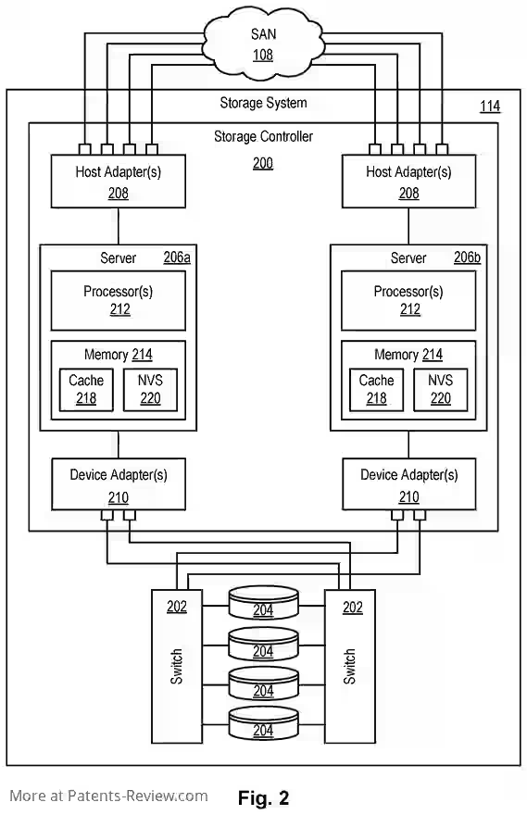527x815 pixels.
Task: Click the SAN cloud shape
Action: (x=262, y=44)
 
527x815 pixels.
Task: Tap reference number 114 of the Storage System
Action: (x=490, y=107)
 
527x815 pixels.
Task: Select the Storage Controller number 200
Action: (x=263, y=163)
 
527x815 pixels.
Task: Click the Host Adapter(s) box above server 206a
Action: (x=118, y=182)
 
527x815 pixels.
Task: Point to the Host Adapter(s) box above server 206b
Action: (x=408, y=182)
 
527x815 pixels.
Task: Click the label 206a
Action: (x=177, y=257)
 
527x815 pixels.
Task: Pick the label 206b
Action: (x=467, y=257)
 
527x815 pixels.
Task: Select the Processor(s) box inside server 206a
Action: (x=118, y=300)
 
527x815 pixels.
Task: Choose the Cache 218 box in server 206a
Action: (x=86, y=390)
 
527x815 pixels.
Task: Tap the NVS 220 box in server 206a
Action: (x=150, y=390)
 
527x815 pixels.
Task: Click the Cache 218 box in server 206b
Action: (x=376, y=390)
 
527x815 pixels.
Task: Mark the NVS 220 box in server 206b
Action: (x=440, y=390)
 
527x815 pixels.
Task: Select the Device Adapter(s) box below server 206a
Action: (x=119, y=483)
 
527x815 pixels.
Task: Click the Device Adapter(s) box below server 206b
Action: (x=409, y=483)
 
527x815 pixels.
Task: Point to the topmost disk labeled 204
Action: (x=263, y=602)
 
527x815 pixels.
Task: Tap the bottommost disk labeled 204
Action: (x=263, y=723)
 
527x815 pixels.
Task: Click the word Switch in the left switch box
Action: (x=177, y=666)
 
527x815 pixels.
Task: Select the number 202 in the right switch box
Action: (x=352, y=608)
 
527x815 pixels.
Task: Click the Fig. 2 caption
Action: (x=263, y=797)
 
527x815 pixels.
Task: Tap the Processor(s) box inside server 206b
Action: (x=408, y=300)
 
